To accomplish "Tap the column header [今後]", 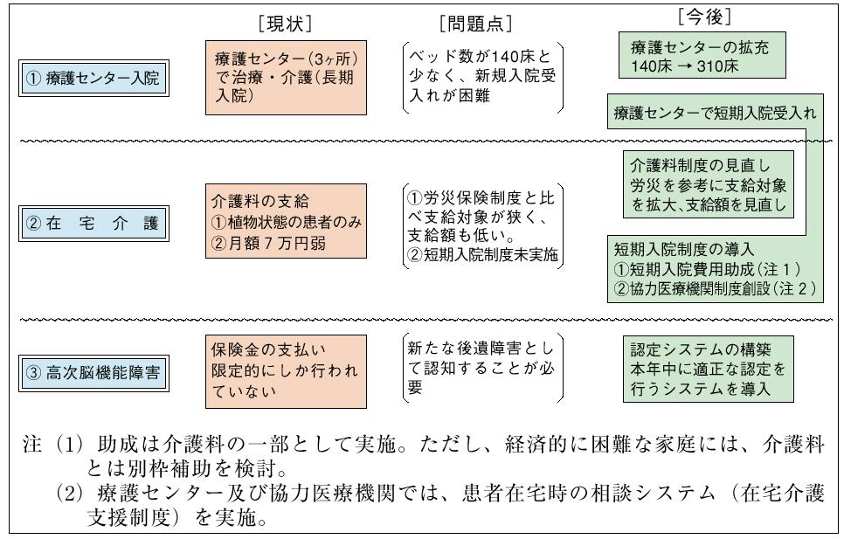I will (703, 15).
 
